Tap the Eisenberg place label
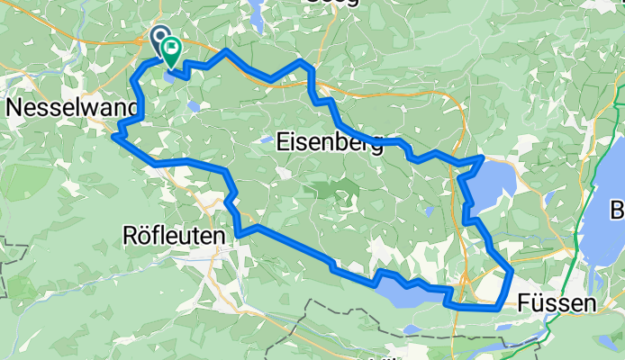[x=329, y=141]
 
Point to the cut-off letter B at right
[x=619, y=212]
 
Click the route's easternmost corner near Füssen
[x=512, y=270]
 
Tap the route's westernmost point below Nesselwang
[x=113, y=137]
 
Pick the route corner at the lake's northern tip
[x=485, y=157]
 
